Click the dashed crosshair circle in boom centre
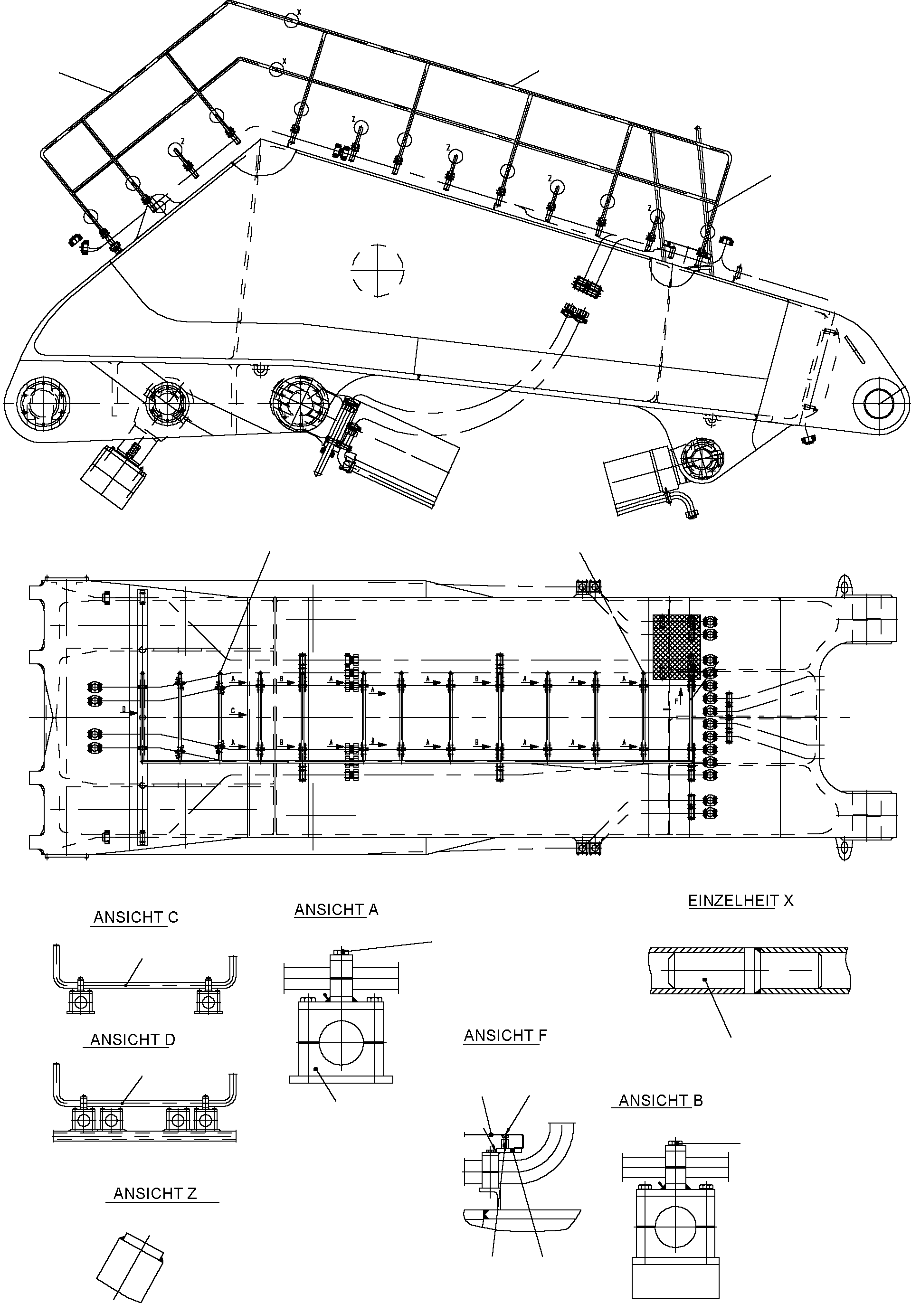pyautogui.click(x=378, y=270)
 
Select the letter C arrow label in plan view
pyautogui.click(x=233, y=710)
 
